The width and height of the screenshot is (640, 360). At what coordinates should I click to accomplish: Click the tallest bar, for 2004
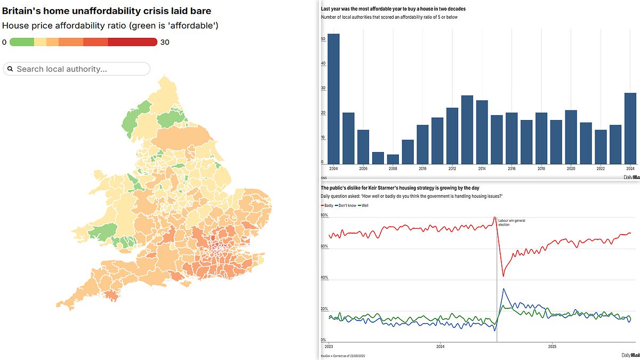pyautogui.click(x=333, y=99)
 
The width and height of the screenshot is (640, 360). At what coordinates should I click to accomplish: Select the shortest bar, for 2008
pyautogui.click(x=393, y=159)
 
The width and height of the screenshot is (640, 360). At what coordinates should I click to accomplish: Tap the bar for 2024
pyautogui.click(x=630, y=129)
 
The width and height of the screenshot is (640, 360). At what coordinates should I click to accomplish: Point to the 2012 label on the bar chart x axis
pyautogui.click(x=452, y=169)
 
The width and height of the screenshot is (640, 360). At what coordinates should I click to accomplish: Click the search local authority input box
pyautogui.click(x=77, y=69)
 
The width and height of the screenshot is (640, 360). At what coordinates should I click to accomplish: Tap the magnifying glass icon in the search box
pyautogui.click(x=10, y=69)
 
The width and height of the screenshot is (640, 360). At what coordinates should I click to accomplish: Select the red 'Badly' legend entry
pyautogui.click(x=327, y=205)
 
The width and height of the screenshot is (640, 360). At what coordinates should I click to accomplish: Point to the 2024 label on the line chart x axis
pyautogui.click(x=440, y=346)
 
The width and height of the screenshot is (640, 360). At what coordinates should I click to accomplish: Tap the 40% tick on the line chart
pyautogui.click(x=324, y=278)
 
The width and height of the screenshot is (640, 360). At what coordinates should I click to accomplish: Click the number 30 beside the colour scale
pyautogui.click(x=165, y=42)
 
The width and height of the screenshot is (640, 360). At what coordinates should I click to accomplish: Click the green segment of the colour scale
pyautogui.click(x=22, y=42)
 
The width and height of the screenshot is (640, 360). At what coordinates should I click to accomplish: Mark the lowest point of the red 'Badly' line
pyautogui.click(x=503, y=276)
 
